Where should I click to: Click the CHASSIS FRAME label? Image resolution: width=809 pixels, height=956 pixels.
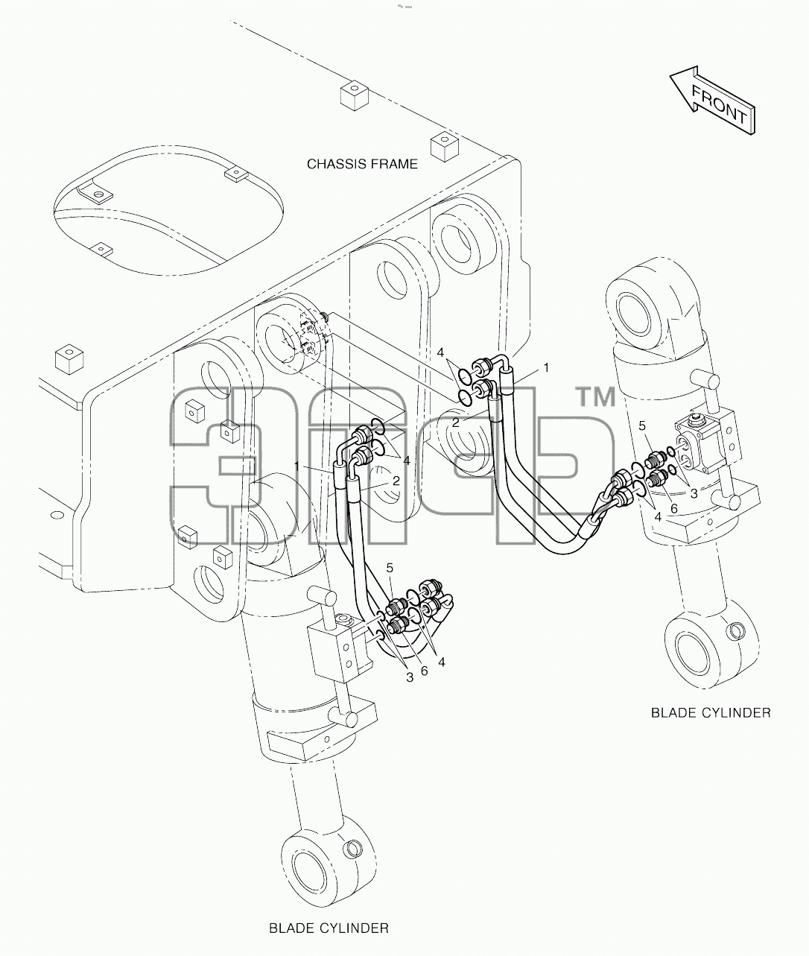362,164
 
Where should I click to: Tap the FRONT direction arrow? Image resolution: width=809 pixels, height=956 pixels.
712,101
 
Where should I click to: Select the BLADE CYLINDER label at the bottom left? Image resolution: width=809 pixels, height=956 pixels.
329,928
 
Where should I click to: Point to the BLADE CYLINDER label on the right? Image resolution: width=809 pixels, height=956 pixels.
711,713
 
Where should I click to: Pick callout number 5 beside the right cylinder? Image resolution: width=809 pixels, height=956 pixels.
642,426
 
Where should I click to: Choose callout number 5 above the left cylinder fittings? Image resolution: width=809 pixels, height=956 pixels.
390,568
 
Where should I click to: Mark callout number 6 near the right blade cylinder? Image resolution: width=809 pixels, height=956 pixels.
674,509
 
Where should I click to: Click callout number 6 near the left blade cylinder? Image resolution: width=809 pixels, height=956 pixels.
424,671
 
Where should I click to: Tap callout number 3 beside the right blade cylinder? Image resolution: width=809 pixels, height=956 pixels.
694,494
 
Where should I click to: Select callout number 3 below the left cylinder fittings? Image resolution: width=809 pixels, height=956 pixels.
410,677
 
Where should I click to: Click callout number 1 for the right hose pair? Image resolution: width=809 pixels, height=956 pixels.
546,367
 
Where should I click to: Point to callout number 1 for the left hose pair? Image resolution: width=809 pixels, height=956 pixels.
297,466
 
